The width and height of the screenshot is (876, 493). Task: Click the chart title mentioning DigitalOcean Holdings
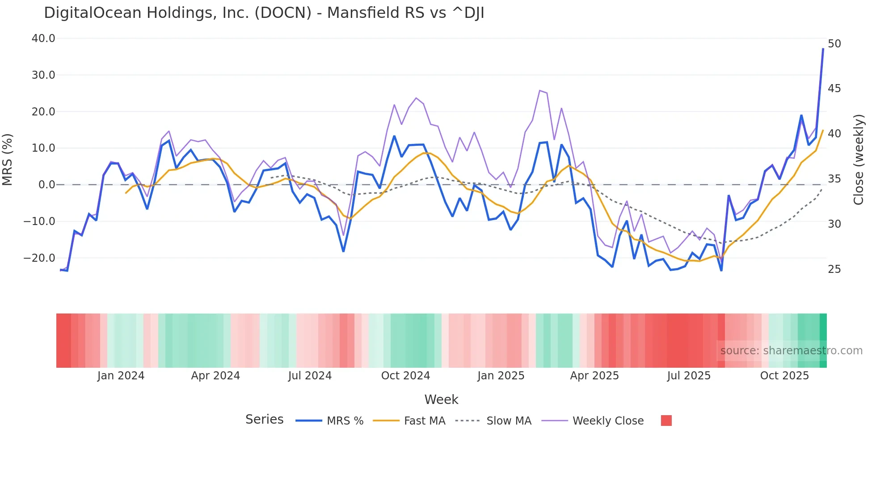(x=264, y=13)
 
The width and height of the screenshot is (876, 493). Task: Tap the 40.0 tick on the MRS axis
(x=43, y=38)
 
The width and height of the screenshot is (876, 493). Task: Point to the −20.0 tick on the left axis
(x=39, y=258)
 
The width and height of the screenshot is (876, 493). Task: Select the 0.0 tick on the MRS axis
(x=46, y=185)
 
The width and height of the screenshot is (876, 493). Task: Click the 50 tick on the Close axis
(x=834, y=44)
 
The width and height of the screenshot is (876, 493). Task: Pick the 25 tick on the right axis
(x=834, y=269)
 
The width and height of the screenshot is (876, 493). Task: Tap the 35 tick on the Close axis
(x=834, y=179)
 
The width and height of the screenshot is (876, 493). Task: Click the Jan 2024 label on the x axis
(x=121, y=376)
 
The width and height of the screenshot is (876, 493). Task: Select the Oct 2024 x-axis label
(x=405, y=376)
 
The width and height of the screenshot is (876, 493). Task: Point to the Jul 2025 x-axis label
(x=689, y=376)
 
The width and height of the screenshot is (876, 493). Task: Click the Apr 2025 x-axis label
(x=594, y=376)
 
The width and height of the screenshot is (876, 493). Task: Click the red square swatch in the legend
(x=666, y=421)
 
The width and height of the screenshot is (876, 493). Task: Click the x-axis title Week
(x=441, y=399)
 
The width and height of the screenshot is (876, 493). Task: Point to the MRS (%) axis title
(x=8, y=159)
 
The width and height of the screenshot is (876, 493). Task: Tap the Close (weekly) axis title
(x=858, y=159)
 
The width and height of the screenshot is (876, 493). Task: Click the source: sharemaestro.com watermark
(x=791, y=351)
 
